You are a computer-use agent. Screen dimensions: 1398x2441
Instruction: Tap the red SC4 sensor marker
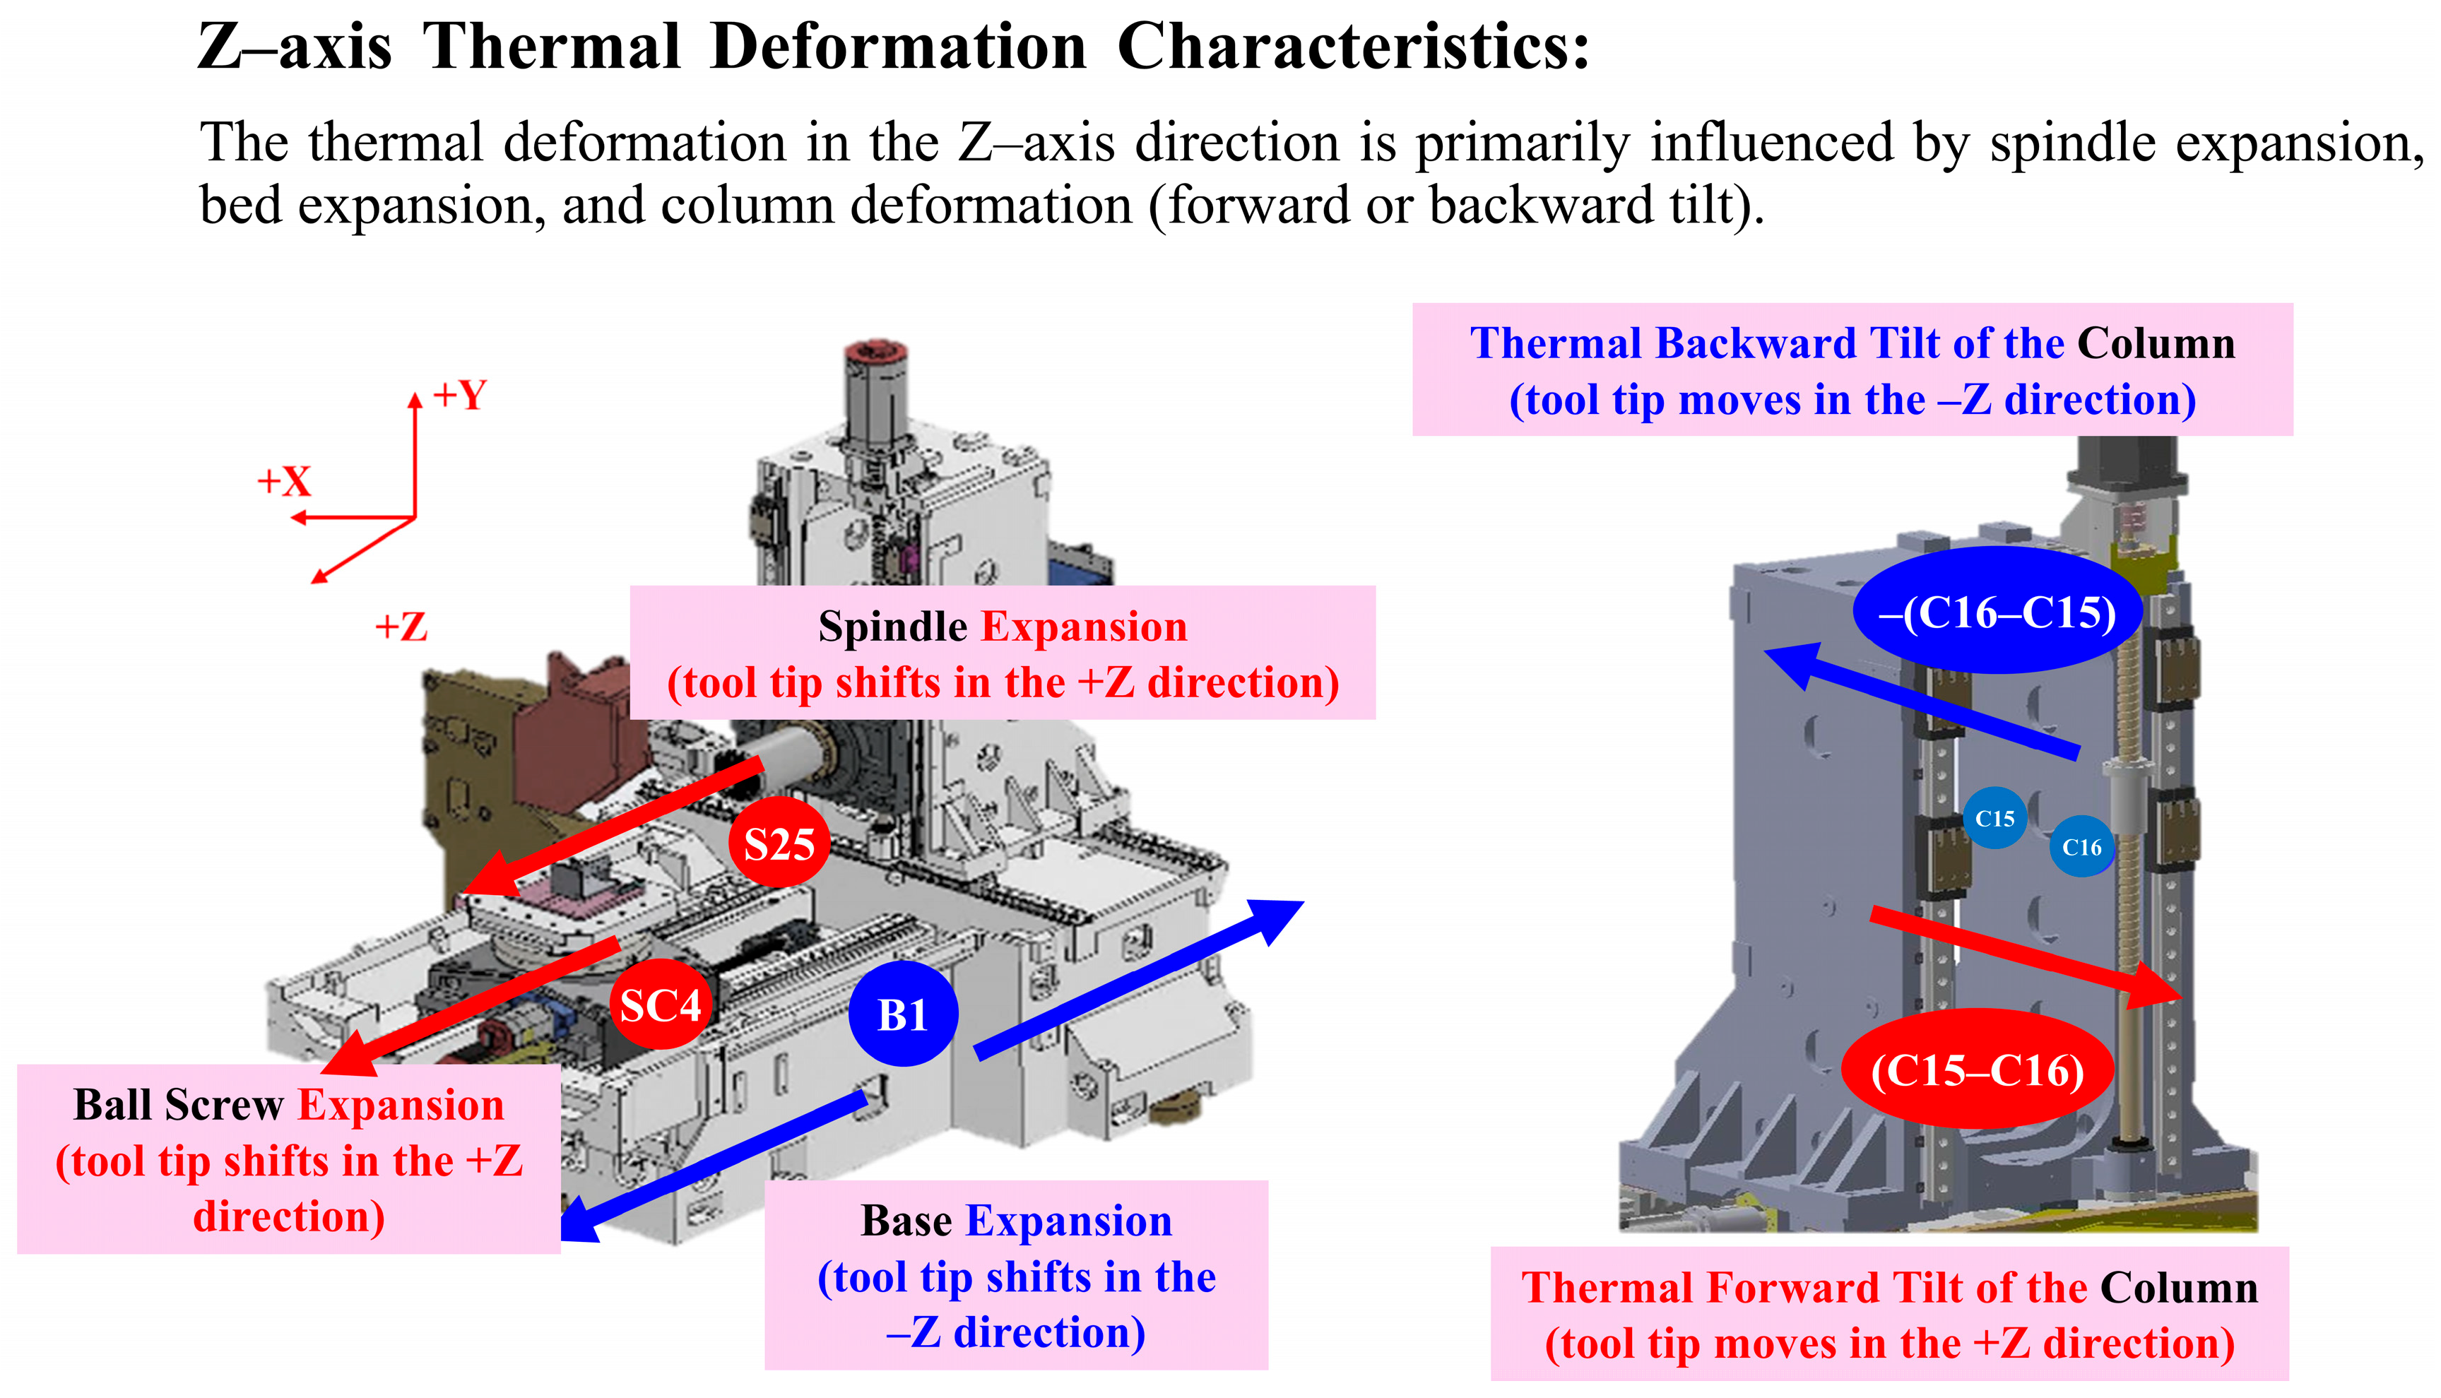pos(661,1005)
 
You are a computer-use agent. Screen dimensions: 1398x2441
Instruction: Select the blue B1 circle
pos(903,1014)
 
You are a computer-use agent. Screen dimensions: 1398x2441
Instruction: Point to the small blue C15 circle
pos(1994,818)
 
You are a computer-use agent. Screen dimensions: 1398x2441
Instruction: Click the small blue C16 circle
pos(2081,847)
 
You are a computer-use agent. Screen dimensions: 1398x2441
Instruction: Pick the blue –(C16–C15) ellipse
pos(1997,612)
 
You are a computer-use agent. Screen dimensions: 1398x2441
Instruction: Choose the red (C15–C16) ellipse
pos(1978,1070)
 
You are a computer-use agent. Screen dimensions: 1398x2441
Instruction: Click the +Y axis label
pos(460,395)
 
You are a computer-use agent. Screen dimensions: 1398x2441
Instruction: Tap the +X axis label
pos(284,481)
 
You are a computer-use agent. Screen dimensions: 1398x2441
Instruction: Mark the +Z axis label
pos(401,627)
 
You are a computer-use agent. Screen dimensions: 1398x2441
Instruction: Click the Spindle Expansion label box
pos(1002,653)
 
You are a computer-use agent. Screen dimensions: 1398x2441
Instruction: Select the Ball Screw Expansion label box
pos(288,1159)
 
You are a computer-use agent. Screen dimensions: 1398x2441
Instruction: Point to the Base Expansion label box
pos(1016,1275)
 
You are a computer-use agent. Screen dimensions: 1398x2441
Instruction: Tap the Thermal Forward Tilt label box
pos(1889,1313)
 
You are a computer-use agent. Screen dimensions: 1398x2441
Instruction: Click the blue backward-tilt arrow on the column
pos(1920,701)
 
